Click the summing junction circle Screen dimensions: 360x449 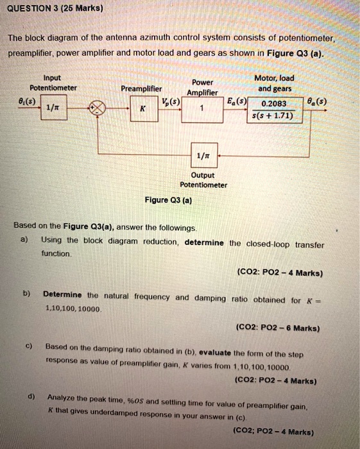(98, 108)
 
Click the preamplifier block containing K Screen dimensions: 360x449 (144, 108)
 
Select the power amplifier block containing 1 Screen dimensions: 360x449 (202, 110)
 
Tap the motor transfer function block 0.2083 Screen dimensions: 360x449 (275, 110)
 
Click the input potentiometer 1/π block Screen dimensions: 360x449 (54, 107)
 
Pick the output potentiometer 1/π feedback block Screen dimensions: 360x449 (204, 155)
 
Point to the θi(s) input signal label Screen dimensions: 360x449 (27, 101)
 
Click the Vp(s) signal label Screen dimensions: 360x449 (171, 101)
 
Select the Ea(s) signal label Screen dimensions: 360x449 (237, 101)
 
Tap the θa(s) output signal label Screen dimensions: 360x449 (317, 101)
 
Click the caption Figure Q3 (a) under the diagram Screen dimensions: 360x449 (168, 200)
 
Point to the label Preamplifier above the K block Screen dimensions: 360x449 (141, 89)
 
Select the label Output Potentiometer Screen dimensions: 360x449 (203, 180)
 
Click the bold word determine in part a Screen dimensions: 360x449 (204, 242)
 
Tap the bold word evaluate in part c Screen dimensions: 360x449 (215, 353)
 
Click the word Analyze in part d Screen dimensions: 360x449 (61, 398)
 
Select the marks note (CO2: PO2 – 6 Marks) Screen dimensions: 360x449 (278, 328)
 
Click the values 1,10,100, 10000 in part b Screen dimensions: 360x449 (73, 309)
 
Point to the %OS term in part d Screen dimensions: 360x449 (135, 401)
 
